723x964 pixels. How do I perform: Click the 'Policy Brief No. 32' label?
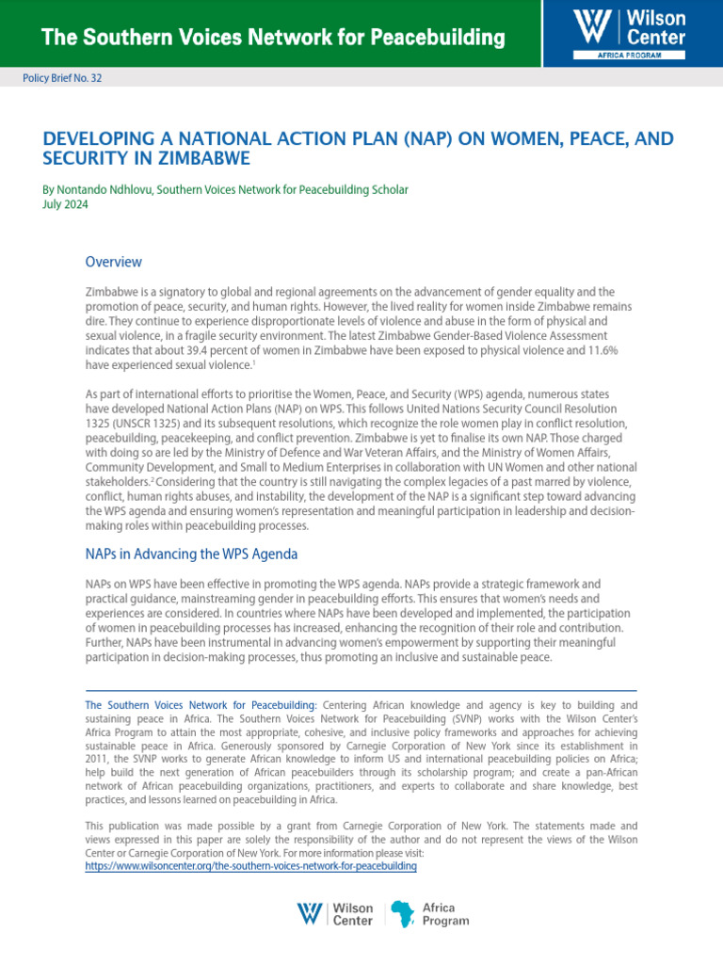(62, 79)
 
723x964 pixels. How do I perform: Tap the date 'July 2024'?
(66, 205)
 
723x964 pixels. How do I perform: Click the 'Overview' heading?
(113, 261)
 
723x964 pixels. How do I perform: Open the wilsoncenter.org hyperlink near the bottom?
(250, 866)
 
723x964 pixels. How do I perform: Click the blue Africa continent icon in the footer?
(402, 913)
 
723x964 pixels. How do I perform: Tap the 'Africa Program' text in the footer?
(445, 914)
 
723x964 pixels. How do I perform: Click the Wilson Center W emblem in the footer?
(310, 913)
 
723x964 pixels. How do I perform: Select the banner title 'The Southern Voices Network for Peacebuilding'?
(273, 38)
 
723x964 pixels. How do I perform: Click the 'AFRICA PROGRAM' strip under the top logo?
(629, 56)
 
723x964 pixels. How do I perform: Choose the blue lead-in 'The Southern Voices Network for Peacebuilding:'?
(201, 704)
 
